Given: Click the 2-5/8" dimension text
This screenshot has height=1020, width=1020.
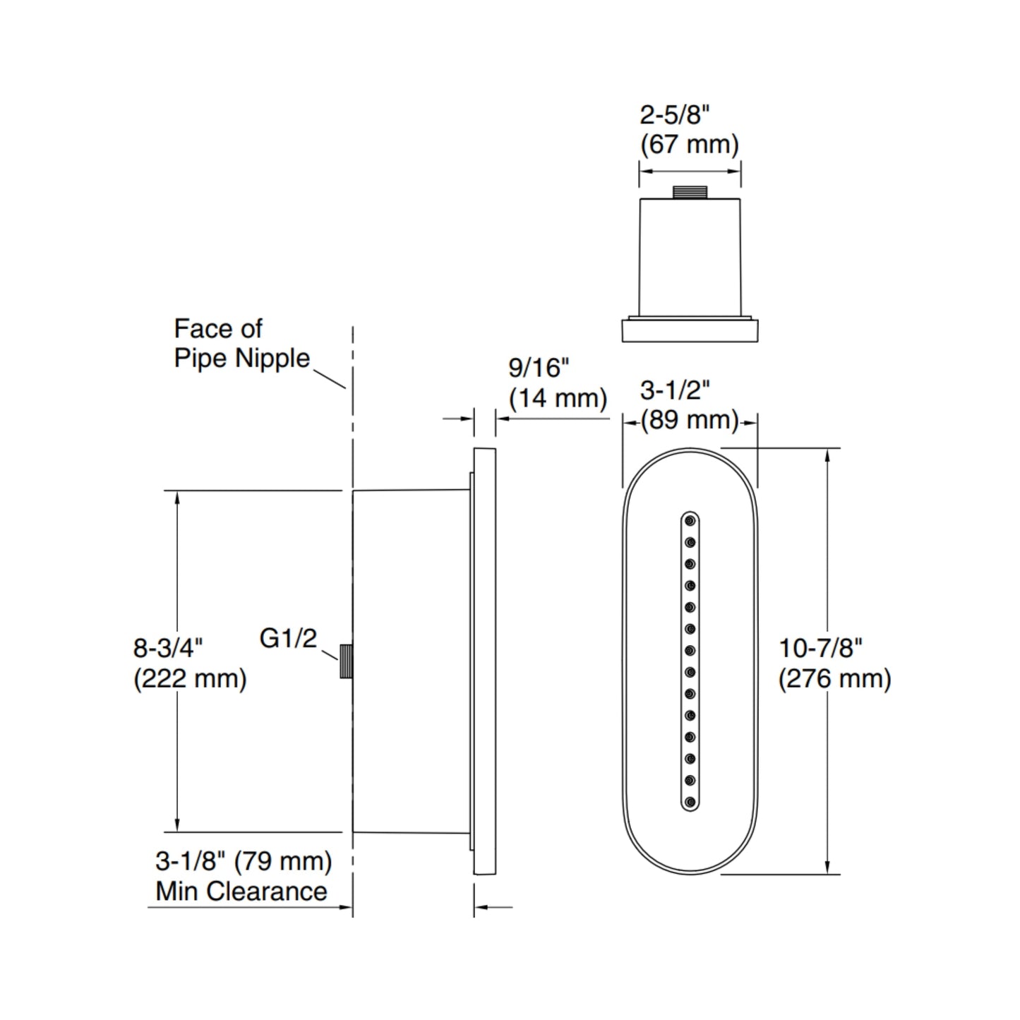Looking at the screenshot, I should click(x=674, y=115).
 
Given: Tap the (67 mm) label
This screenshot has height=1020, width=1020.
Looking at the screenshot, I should click(x=689, y=145).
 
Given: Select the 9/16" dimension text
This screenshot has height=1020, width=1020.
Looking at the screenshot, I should click(x=539, y=368).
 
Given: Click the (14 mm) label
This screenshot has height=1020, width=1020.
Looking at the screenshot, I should click(x=558, y=398).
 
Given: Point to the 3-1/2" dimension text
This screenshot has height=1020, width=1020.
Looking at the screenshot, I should click(x=674, y=390).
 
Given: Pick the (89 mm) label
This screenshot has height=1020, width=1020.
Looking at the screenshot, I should click(x=689, y=420).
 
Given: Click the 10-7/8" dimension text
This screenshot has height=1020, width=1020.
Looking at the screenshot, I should click(x=820, y=647).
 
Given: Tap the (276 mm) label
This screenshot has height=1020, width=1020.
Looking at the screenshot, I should click(x=834, y=678).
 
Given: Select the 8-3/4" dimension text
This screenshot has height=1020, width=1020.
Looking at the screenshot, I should click(x=168, y=647).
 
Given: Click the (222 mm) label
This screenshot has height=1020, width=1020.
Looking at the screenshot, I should click(x=190, y=678).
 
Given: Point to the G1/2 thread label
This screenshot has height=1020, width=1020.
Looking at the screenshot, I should click(x=288, y=638).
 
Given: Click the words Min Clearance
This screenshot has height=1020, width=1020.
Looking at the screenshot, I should click(x=241, y=891).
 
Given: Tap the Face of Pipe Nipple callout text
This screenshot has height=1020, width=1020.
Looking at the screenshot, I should click(x=241, y=344).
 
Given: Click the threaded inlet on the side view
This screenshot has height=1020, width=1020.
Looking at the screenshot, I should click(x=346, y=661).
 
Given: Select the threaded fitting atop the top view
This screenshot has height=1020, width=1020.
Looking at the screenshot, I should click(x=690, y=191).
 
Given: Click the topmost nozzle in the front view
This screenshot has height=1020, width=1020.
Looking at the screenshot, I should click(x=690, y=521).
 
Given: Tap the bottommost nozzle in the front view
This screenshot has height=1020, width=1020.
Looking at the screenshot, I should click(x=690, y=802).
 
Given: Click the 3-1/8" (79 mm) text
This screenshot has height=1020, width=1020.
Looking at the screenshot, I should click(x=244, y=860).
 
